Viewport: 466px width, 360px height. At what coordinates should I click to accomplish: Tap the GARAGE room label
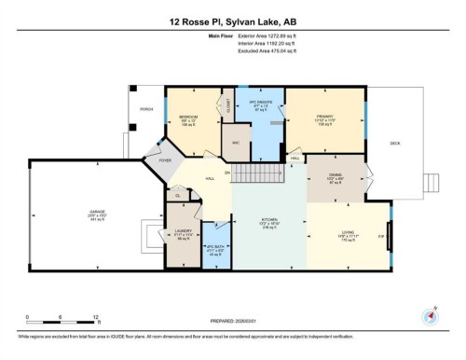97,214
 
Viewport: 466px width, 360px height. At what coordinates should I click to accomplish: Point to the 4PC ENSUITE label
258,103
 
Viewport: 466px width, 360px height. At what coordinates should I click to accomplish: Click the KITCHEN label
269,223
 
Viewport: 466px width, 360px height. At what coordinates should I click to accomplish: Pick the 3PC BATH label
215,249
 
